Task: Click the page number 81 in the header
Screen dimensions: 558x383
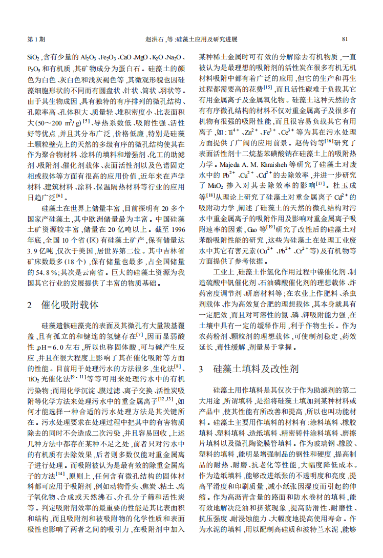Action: [345, 39]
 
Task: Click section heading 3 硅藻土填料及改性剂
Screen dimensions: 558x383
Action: [249, 369]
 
